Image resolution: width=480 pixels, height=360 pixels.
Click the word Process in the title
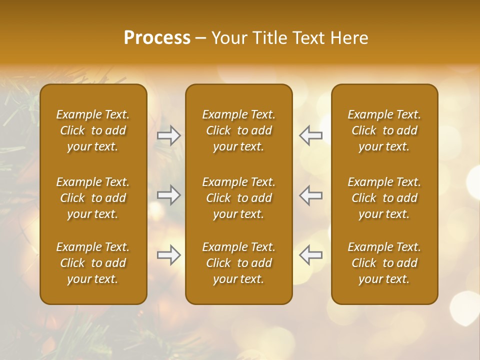coord(157,38)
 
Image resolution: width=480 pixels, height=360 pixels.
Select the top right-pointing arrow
coord(169,135)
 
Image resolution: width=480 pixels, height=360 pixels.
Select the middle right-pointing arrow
coord(169,195)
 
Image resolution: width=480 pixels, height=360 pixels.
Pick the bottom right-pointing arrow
coord(169,255)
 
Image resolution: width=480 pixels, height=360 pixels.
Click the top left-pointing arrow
coord(310,135)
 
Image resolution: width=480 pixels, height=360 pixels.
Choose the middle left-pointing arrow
coord(310,195)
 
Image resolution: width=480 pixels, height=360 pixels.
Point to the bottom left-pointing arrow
coord(310,255)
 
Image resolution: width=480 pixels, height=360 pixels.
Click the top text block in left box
coord(93,130)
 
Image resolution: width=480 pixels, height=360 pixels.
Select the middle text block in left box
coord(93,198)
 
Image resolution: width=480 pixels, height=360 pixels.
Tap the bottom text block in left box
coord(93,263)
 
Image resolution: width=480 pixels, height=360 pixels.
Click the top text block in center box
coord(238,130)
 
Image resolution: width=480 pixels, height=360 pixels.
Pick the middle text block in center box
coord(238,198)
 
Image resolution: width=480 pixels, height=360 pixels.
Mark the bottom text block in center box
coord(238,263)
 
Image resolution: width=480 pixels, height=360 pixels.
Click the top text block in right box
coord(384,130)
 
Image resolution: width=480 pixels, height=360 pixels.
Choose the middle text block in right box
coord(384,198)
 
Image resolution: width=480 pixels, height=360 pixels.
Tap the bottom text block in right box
coord(384,263)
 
